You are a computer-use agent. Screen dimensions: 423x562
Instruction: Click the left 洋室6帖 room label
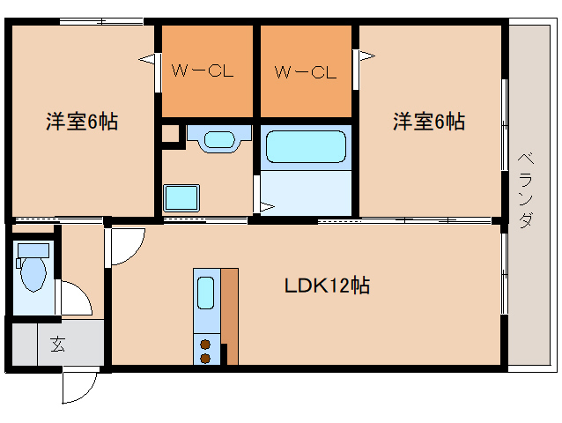(x=81, y=122)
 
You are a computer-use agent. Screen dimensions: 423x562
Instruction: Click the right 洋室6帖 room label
(x=428, y=122)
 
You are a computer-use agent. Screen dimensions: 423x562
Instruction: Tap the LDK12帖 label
(x=326, y=286)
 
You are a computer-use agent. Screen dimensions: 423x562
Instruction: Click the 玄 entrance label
(x=57, y=345)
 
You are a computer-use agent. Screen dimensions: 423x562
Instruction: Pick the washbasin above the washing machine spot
(x=216, y=139)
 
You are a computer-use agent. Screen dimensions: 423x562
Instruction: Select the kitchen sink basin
(x=205, y=293)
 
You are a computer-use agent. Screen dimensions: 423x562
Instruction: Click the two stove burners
(x=205, y=351)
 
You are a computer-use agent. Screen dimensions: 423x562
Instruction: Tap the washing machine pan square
(x=181, y=197)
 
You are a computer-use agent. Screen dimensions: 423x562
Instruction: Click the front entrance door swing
(x=82, y=384)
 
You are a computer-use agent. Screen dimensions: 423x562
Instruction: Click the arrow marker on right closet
(x=366, y=57)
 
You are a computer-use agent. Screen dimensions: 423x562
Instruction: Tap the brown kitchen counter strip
(x=229, y=308)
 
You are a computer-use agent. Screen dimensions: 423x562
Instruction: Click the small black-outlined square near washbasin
(x=170, y=134)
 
